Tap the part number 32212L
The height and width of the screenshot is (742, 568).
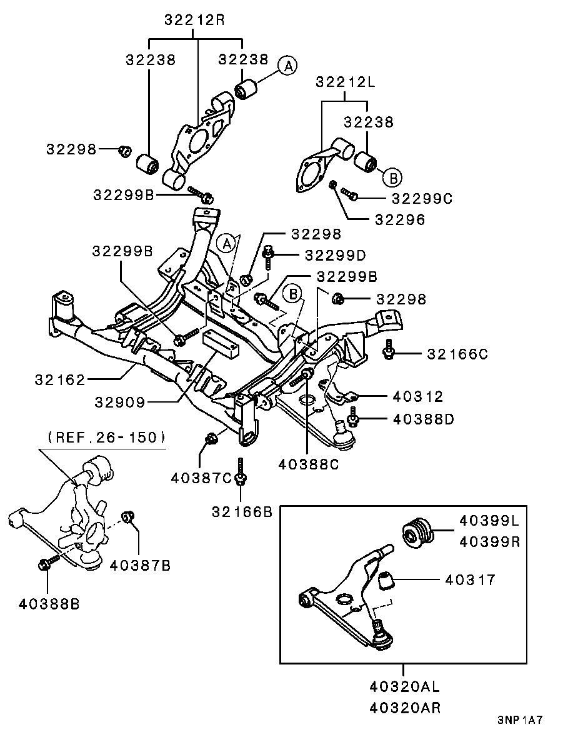click(x=346, y=82)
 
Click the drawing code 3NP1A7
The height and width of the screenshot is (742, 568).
click(x=520, y=719)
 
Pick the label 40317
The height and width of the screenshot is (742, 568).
click(x=470, y=580)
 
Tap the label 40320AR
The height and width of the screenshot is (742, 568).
click(x=404, y=708)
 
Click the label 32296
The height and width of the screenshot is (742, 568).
click(x=400, y=219)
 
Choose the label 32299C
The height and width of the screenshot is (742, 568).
click(x=422, y=198)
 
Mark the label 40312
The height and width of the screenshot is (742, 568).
click(x=419, y=396)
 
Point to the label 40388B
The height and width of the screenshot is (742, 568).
click(x=49, y=604)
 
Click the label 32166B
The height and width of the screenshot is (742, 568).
click(x=242, y=512)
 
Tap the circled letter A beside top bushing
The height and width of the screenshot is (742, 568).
click(x=287, y=64)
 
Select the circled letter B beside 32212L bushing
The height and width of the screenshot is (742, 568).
click(x=392, y=177)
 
